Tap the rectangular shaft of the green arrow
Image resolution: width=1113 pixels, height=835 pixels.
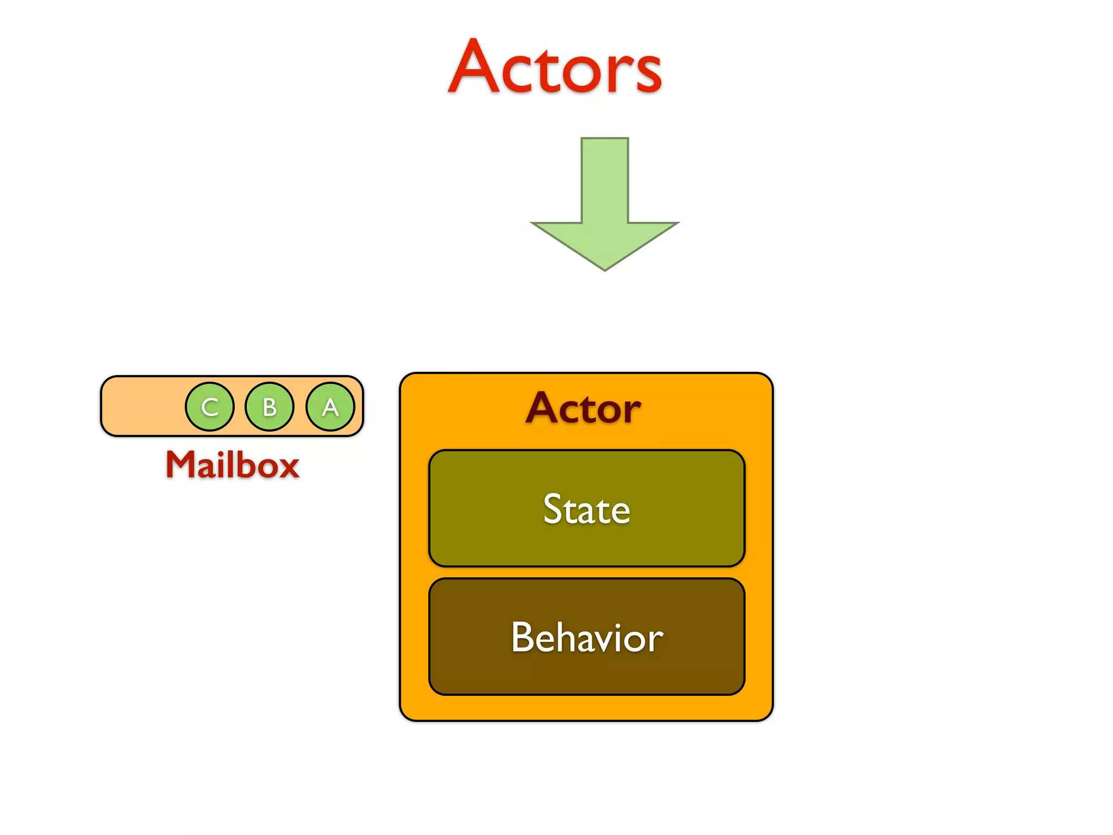[x=605, y=179]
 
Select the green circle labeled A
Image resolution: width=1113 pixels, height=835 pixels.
[x=330, y=407]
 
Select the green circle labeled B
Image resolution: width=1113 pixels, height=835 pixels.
[x=270, y=407]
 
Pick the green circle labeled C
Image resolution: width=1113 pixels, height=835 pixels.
[x=209, y=407]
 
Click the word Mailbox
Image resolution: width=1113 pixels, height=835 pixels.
[x=233, y=465]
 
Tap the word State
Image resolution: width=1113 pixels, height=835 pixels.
[x=586, y=509]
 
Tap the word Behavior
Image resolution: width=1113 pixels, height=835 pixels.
[x=587, y=637]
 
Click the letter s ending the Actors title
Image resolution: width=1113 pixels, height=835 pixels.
[x=648, y=73]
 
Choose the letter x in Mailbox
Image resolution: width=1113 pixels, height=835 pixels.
[x=288, y=469]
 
